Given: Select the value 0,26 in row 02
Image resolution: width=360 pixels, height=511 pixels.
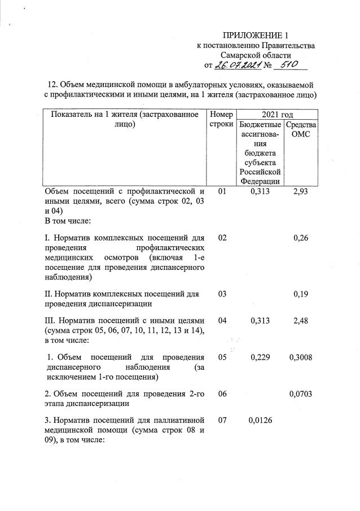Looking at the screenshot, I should [x=301, y=238].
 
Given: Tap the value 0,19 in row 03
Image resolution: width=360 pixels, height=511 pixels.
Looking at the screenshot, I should [x=301, y=294].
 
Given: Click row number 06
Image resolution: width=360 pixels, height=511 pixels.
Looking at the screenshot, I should [x=222, y=394].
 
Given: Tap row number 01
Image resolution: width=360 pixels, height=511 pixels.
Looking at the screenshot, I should [x=222, y=193].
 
